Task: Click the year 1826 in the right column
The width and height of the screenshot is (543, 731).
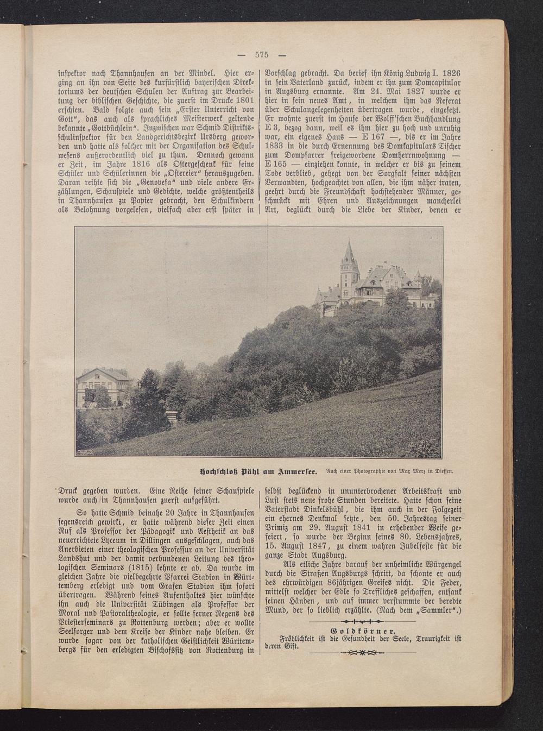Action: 451,72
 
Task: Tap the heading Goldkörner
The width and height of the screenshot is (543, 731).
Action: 362,631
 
